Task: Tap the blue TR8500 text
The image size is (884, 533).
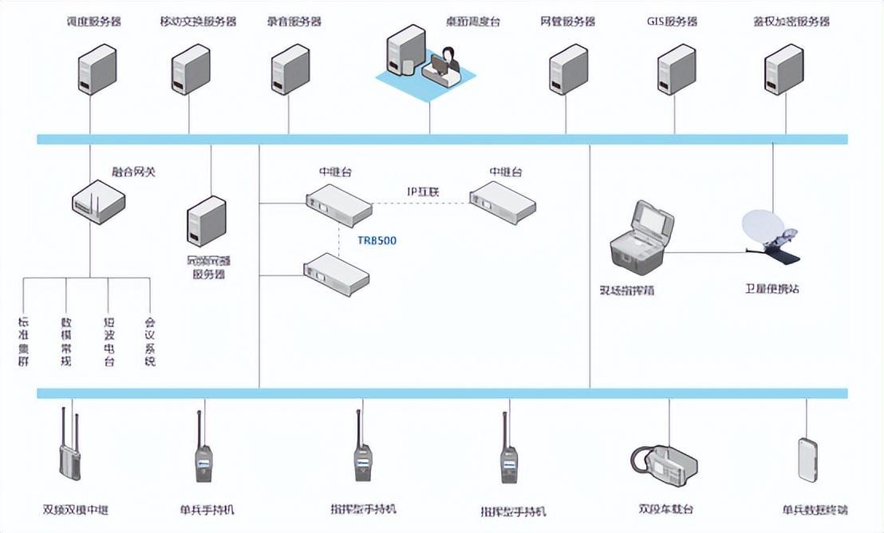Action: (x=377, y=239)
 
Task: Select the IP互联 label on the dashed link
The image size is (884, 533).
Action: (x=424, y=192)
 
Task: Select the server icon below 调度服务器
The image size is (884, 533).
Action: (x=97, y=70)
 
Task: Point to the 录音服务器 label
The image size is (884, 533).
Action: (x=294, y=22)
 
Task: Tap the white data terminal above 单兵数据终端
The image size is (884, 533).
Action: (x=807, y=459)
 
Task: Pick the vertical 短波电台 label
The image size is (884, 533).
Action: (x=109, y=342)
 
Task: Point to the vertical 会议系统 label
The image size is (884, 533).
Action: (x=149, y=342)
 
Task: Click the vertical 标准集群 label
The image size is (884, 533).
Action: (x=23, y=342)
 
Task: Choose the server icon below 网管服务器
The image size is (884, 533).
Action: (x=568, y=70)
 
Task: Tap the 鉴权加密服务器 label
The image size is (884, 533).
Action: (x=791, y=22)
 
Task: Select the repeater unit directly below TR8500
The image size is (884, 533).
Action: (x=336, y=274)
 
